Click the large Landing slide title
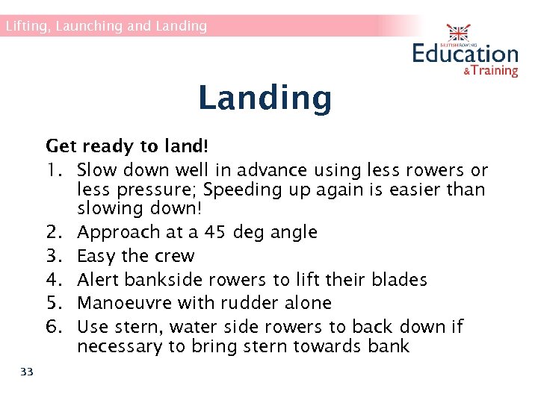click(x=265, y=98)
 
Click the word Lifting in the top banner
click(x=25, y=26)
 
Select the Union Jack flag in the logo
click(x=457, y=33)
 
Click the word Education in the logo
click(x=465, y=54)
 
